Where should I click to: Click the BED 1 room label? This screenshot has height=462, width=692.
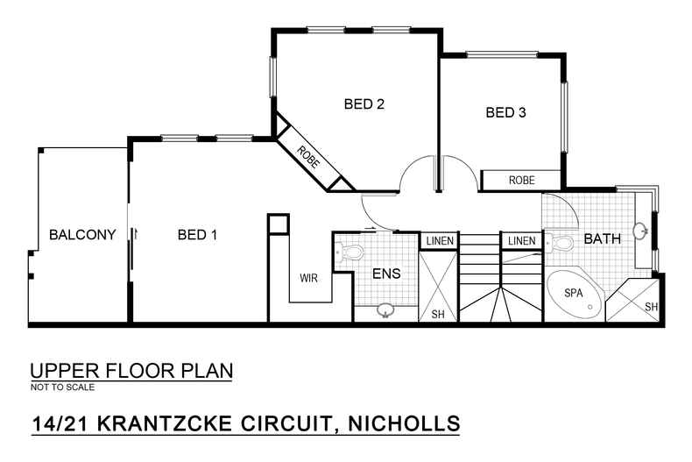pos(197,235)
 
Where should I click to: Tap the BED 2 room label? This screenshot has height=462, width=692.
pos(364,104)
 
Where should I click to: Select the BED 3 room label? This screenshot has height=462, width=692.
pos(505,112)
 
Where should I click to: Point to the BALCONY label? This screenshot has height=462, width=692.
pos(82,235)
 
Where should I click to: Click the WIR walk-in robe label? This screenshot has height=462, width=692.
pos(308,279)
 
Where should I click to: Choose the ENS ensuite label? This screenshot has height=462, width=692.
pos(386,274)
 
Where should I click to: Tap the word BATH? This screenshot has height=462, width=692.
pos(603,238)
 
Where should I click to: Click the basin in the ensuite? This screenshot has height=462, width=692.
pos(385,309)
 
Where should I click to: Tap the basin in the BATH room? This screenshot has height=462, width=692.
pos(642,232)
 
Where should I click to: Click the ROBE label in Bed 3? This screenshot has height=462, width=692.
pos(521,180)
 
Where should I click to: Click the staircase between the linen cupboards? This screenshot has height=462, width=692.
pos(479,281)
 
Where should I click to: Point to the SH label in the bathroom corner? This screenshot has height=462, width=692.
pos(651,307)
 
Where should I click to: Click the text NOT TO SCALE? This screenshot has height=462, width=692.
pos(62,387)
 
